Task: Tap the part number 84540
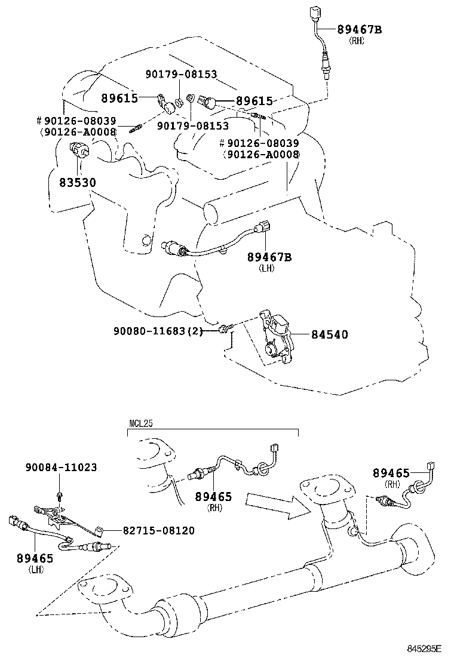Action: coord(329,334)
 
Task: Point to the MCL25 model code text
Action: coord(141,425)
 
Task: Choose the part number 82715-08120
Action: coord(158,530)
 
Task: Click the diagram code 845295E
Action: coord(424,648)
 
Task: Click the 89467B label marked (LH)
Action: coord(269,257)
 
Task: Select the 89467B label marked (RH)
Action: coord(358,29)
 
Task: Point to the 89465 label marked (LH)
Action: coord(35,559)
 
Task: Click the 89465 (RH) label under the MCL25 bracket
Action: coord(213,497)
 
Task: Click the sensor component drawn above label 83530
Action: coord(79,151)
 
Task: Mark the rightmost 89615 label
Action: coord(254,102)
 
